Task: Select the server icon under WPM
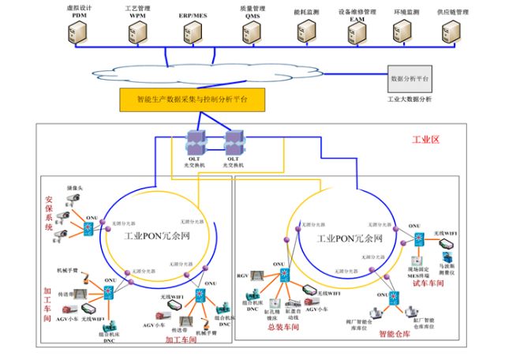point(137,32)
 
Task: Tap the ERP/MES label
point(193,14)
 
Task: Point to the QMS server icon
point(252,32)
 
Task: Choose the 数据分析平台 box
point(410,80)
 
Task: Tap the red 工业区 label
point(425,140)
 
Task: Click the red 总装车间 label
point(284,325)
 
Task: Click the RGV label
point(243,276)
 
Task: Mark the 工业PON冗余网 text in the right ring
point(351,238)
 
